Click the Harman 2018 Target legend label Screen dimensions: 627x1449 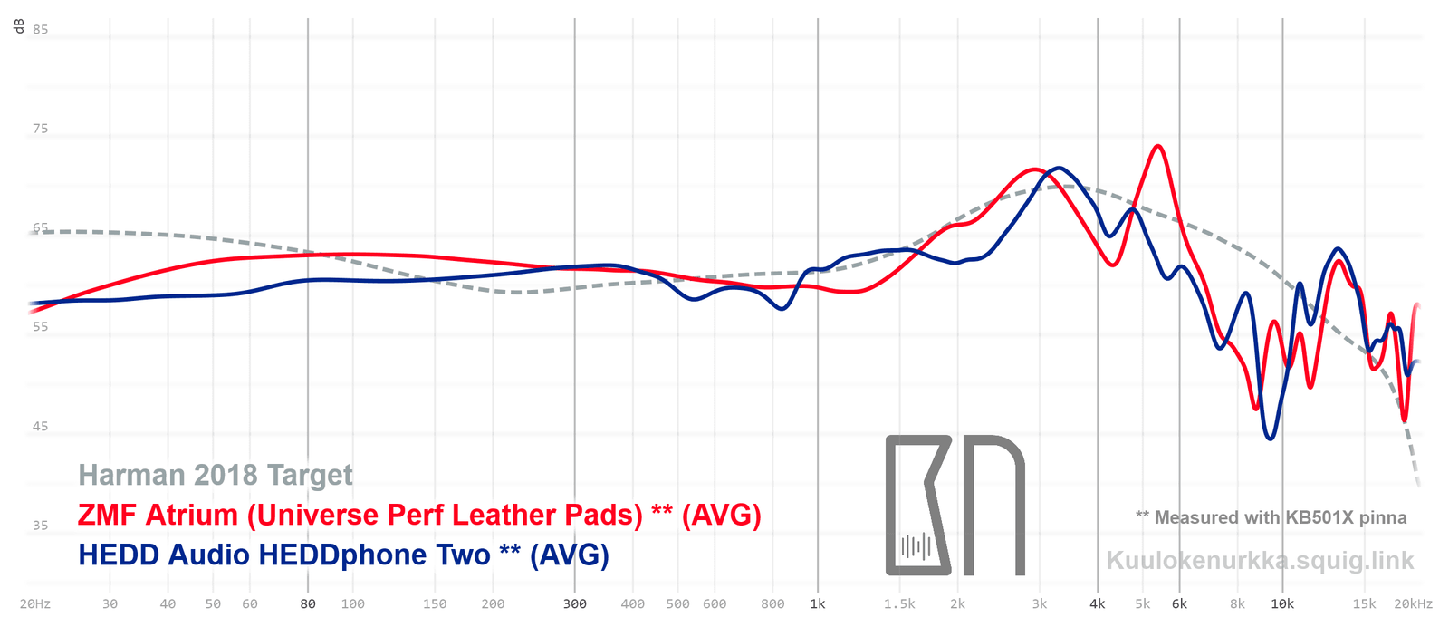coord(216,475)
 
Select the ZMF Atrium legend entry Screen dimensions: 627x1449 coord(419,515)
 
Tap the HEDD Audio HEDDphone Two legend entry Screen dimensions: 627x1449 coord(343,555)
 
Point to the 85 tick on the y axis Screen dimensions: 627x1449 coord(41,29)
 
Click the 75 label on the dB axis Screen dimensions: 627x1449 coord(41,129)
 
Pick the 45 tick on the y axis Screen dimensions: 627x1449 coord(41,426)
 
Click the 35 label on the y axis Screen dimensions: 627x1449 coord(41,525)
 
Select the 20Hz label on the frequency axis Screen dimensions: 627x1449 coord(35,603)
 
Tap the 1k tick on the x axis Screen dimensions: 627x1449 coord(818,603)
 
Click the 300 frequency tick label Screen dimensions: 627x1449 coord(575,603)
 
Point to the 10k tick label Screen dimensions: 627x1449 coord(1282,603)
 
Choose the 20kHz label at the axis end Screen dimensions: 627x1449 coord(1413,603)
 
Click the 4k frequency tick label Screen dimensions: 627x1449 coord(1098,603)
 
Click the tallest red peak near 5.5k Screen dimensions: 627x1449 coord(1156,146)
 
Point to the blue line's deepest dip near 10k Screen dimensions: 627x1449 coord(1271,439)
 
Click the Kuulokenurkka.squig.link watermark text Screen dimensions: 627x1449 coord(1260,560)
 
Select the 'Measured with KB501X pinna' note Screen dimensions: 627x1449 coord(1271,517)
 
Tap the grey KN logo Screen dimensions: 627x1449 coord(955,506)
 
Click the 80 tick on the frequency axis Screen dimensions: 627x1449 coord(308,603)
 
